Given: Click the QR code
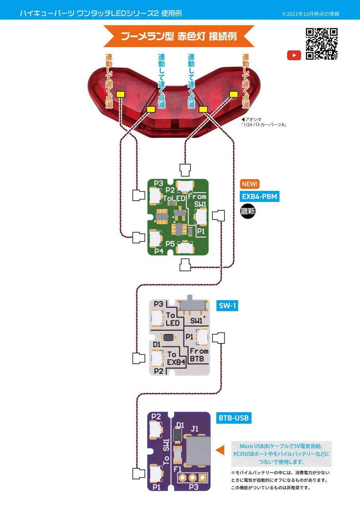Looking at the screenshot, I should click(x=321, y=44).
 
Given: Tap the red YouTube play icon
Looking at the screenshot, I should click(x=294, y=56).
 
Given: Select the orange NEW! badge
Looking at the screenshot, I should click(x=250, y=184).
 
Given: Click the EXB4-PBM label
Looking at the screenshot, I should click(x=260, y=196).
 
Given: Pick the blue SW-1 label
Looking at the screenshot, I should click(x=228, y=306).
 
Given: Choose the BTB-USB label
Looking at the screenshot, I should click(x=234, y=418).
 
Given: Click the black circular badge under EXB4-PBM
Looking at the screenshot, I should click(x=248, y=212).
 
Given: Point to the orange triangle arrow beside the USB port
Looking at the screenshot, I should click(x=220, y=450).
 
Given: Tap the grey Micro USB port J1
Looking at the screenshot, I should click(x=198, y=451).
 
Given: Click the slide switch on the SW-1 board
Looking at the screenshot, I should click(x=193, y=305).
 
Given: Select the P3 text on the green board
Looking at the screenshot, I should click(x=158, y=184).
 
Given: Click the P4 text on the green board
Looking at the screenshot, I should click(x=159, y=251).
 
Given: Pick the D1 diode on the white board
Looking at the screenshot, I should click(x=169, y=337).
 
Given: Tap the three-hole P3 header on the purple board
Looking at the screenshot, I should click(x=192, y=477).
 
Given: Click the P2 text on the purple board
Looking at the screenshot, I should click(x=156, y=417).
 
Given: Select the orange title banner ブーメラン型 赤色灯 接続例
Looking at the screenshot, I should click(x=179, y=36).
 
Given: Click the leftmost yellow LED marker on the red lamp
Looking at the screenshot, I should click(x=120, y=94).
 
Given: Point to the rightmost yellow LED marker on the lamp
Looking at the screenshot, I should click(x=234, y=94).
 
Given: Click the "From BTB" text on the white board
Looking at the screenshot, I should click(x=199, y=355).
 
